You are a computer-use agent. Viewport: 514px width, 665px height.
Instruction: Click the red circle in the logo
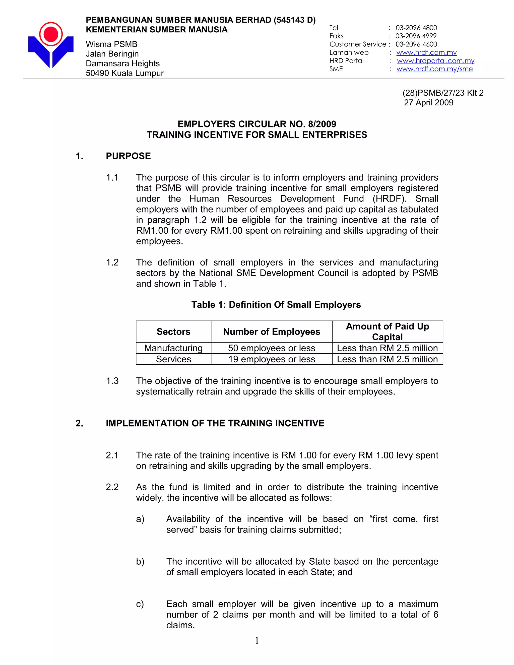51,34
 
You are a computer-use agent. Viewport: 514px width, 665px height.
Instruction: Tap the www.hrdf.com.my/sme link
434,69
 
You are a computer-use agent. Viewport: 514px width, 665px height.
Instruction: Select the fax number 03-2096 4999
416,36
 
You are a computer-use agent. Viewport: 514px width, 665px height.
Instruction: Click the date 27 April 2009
428,103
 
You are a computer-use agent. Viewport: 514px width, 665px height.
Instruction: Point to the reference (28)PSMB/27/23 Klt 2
443,93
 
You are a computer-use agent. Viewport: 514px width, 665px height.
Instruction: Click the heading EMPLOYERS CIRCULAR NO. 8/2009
257,124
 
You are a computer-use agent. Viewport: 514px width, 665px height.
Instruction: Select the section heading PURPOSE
128,156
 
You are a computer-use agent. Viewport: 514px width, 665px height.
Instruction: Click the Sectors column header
173,331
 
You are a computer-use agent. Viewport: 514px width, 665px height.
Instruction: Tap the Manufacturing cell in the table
173,348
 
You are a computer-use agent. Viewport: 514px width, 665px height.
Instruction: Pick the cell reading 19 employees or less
272,359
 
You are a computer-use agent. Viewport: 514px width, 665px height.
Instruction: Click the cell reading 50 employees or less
272,348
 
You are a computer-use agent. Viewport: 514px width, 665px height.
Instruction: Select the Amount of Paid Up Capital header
387,331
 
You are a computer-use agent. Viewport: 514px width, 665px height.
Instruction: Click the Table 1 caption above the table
276,305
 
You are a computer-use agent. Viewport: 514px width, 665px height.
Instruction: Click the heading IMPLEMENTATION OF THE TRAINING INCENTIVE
215,423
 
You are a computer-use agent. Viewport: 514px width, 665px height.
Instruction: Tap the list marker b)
140,561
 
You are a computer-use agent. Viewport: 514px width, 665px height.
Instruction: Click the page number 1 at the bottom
257,640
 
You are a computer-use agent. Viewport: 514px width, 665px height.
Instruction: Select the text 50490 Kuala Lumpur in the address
124,73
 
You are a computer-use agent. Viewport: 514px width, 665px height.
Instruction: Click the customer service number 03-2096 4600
416,44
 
